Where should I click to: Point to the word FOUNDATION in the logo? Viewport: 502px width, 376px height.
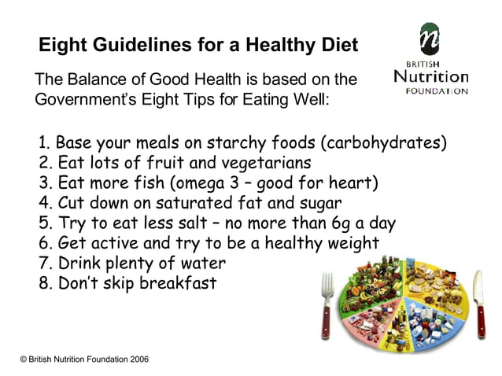click(x=437, y=91)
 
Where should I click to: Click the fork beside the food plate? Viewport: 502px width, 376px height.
click(x=326, y=304)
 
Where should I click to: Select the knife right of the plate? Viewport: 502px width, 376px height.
click(x=479, y=304)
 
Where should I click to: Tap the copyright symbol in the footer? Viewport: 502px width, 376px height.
click(x=24, y=359)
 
